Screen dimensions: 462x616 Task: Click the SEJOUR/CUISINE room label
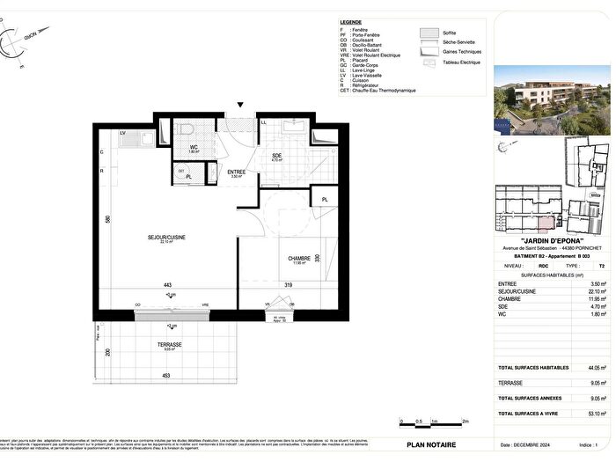coord(165,237)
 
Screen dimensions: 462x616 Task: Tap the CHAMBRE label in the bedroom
coord(300,258)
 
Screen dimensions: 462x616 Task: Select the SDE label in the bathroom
coord(275,155)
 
